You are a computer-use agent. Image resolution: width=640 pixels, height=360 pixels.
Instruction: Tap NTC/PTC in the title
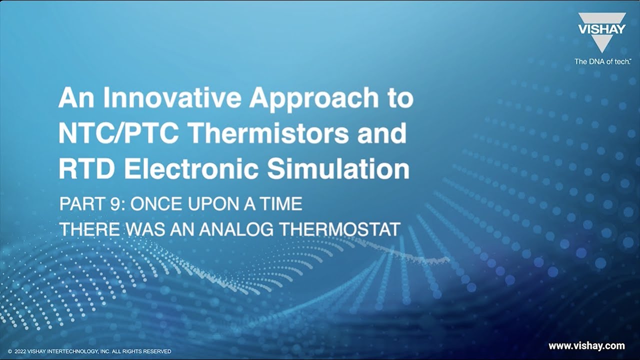point(118,133)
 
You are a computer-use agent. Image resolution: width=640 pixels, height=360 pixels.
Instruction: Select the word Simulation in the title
point(338,168)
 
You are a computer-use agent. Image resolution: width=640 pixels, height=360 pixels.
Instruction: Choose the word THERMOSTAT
point(339,229)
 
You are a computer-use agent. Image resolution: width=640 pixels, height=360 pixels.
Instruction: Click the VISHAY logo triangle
point(601,32)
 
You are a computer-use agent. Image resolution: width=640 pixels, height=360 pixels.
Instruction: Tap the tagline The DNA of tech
point(602,61)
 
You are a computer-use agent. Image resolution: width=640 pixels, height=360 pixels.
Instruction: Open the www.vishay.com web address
point(586,346)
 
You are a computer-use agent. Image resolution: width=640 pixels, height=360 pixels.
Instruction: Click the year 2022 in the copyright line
point(20,351)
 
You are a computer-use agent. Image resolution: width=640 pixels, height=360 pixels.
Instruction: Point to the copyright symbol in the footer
point(10,351)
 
